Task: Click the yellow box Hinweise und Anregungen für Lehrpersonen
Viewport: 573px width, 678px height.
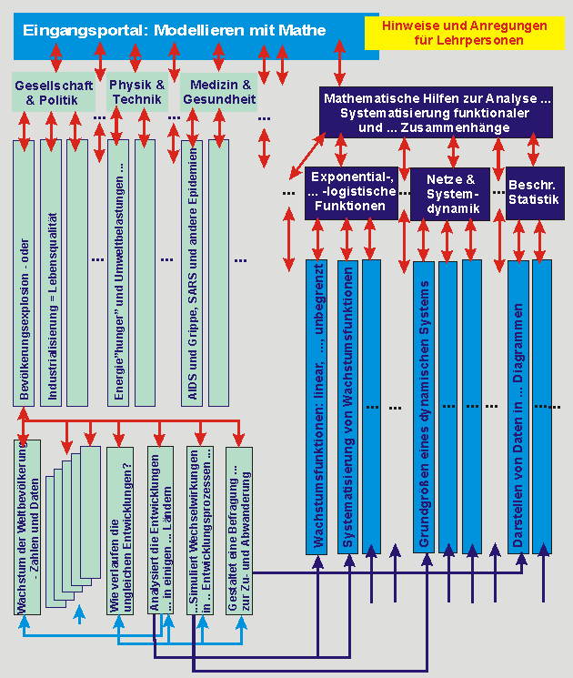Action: pyautogui.click(x=464, y=33)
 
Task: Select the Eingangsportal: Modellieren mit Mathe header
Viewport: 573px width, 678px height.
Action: pyautogui.click(x=173, y=30)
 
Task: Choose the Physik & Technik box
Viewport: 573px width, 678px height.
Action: pyautogui.click(x=136, y=93)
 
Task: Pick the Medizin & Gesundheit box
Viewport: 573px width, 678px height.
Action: pyautogui.click(x=218, y=93)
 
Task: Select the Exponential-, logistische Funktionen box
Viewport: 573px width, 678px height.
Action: pyautogui.click(x=351, y=192)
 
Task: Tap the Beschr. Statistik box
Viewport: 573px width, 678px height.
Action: pyautogui.click(x=533, y=192)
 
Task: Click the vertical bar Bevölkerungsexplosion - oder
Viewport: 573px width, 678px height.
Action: pyautogui.click(x=25, y=273)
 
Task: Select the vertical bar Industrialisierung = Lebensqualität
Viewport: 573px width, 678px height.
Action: pyautogui.click(x=52, y=273)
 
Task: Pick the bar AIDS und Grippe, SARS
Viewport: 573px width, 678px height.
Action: pyautogui.click(x=192, y=273)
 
